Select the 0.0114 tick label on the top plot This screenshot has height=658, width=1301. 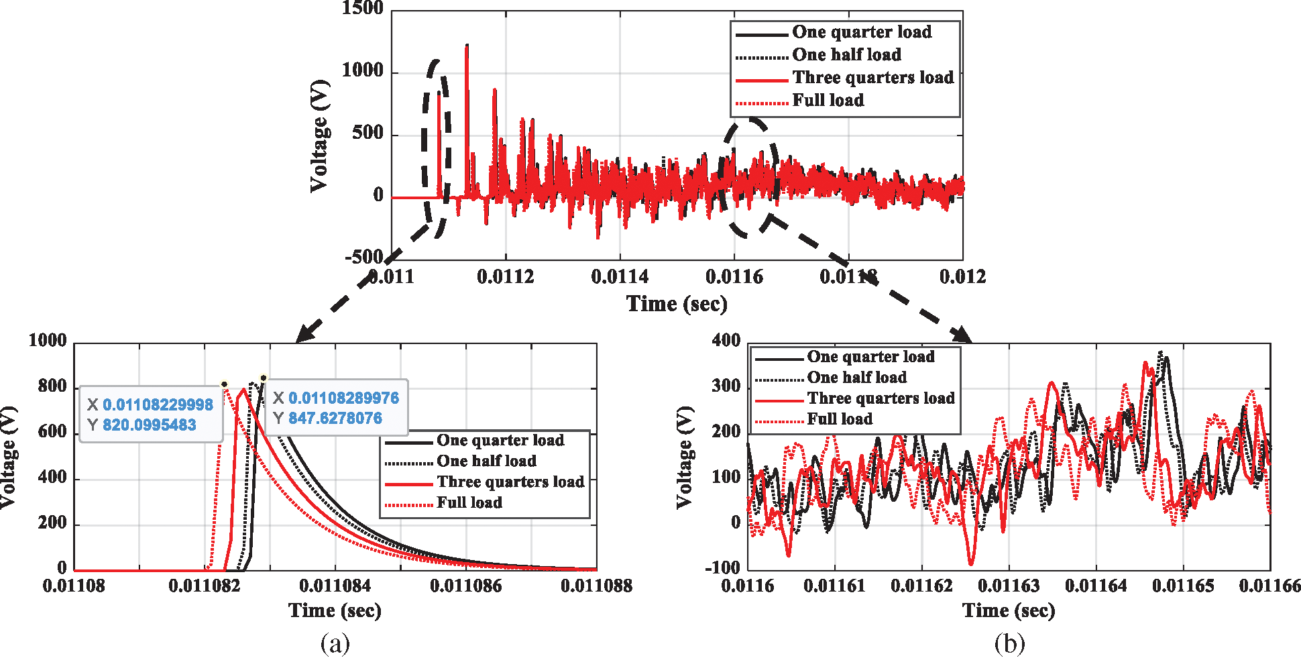point(620,276)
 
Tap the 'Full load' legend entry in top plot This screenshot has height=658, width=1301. point(828,101)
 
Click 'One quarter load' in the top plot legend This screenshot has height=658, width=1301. point(861,32)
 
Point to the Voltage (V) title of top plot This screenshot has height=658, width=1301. point(321,135)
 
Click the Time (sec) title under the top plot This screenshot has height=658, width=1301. point(677,304)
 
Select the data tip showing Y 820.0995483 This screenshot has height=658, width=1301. point(151,415)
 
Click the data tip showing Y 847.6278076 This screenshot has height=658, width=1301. point(335,408)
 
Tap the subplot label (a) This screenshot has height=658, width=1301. point(335,643)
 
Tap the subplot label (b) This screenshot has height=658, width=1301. point(1009,643)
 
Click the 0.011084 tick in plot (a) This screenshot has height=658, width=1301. point(335,586)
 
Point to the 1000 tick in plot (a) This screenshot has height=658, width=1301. point(48,341)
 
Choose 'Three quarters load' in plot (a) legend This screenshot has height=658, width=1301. point(510,482)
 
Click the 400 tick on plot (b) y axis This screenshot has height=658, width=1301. point(726,341)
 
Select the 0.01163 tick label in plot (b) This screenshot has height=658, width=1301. point(1009,586)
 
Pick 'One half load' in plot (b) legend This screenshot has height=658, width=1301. point(856,378)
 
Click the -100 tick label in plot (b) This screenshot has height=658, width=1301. point(722,567)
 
